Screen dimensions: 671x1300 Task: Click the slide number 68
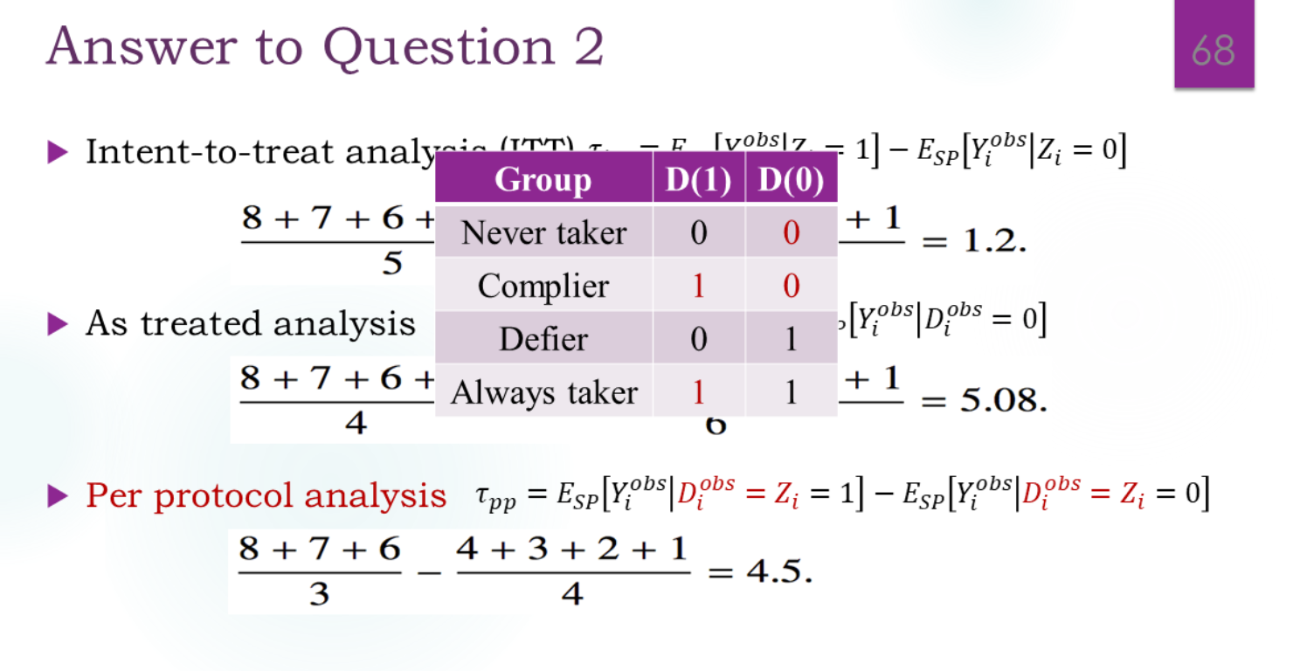1214,50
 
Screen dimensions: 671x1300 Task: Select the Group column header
543,180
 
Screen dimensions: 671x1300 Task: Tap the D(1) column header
698,180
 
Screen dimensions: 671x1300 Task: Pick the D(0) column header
791,180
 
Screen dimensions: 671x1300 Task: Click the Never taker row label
543,232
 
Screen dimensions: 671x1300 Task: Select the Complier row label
543,286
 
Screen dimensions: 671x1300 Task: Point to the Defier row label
543,339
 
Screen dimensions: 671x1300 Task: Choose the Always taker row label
543,392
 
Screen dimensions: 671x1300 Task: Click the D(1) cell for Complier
698,286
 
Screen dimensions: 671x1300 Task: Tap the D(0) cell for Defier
791,339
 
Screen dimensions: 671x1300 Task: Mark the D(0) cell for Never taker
791,232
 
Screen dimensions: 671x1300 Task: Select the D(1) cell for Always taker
698,392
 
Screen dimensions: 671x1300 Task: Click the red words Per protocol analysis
266,496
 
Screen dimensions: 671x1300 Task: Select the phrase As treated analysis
250,324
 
